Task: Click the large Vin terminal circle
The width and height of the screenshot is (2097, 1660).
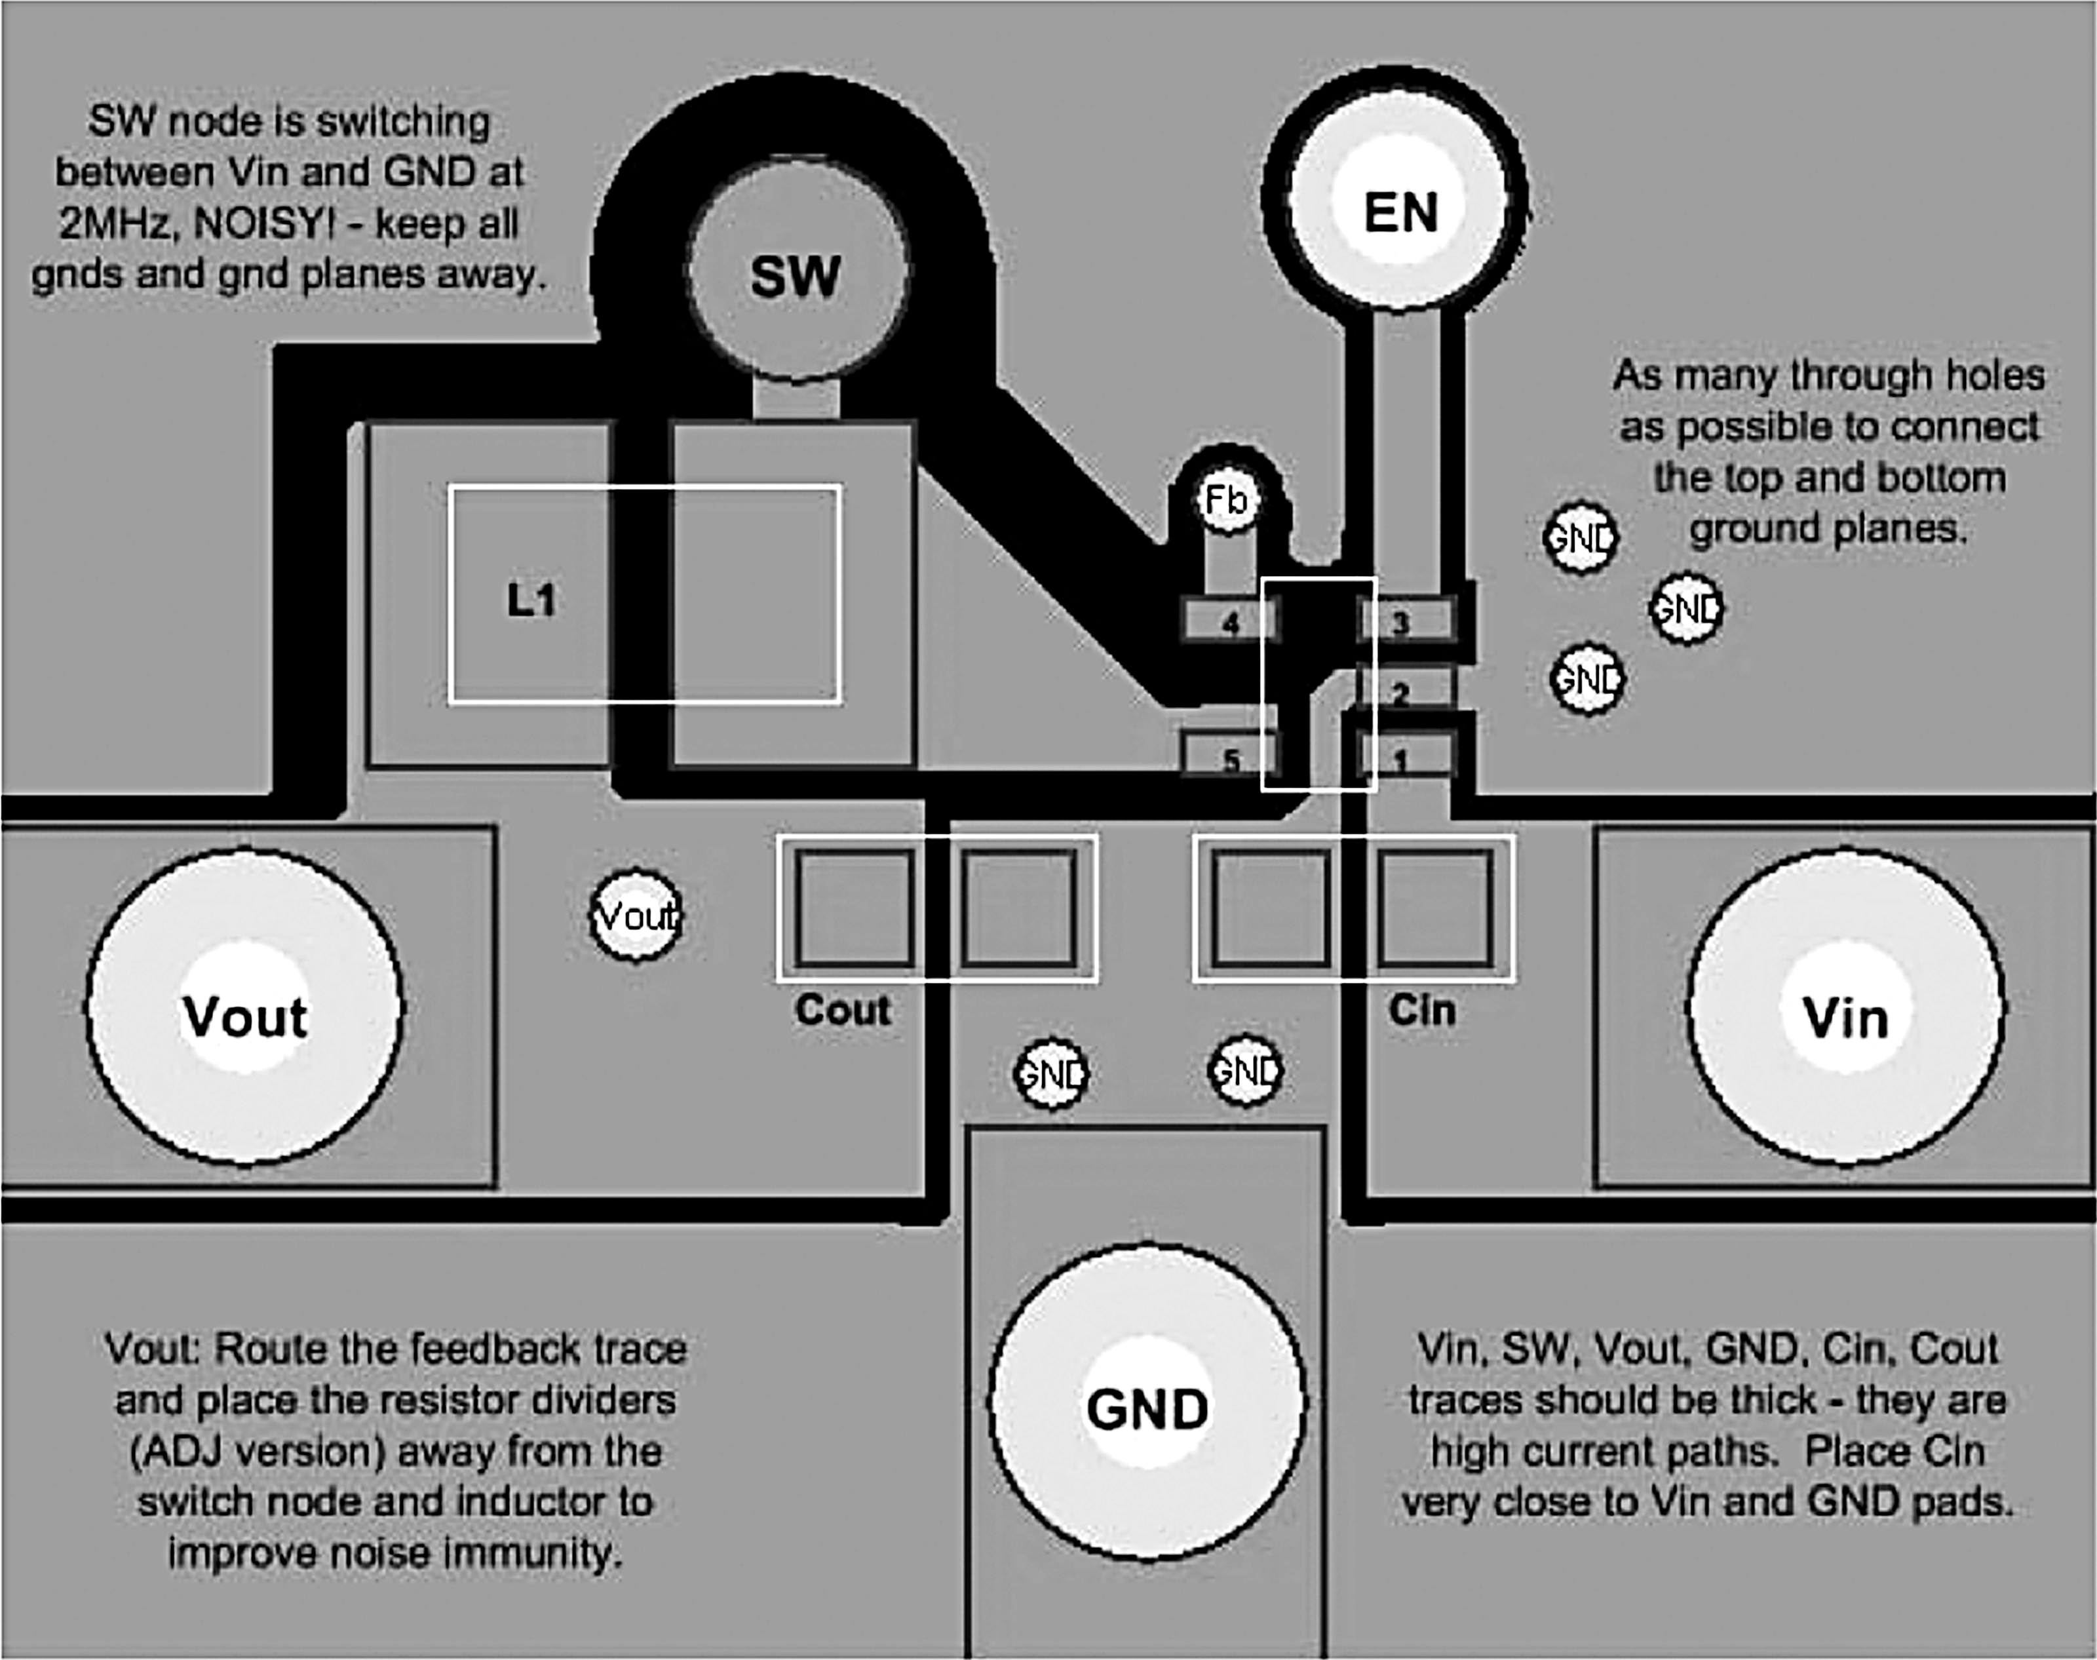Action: tap(1843, 1009)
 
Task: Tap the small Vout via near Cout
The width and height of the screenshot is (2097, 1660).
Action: tap(636, 916)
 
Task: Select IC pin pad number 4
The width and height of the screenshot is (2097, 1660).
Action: tap(1230, 620)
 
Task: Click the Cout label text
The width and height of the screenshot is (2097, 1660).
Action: tap(843, 1010)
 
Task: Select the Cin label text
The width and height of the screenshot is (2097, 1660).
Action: tap(1421, 1010)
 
